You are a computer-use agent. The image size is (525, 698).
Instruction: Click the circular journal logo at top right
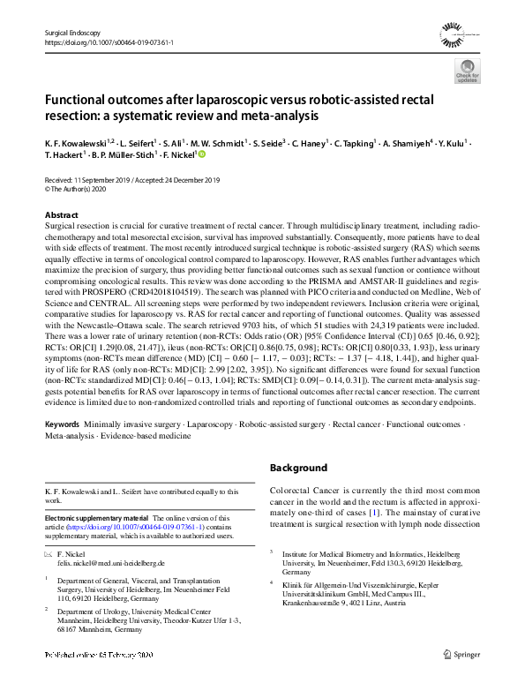[x=459, y=36]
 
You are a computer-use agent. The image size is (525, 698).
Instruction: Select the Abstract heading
[x=64, y=215]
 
